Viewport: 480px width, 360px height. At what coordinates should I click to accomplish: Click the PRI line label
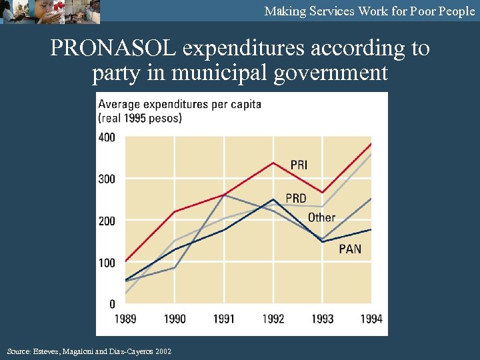[x=299, y=165]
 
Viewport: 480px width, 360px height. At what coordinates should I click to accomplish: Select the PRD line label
[x=296, y=198]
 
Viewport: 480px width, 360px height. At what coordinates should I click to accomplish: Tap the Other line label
[x=321, y=217]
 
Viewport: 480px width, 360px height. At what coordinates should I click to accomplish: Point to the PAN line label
[x=350, y=249]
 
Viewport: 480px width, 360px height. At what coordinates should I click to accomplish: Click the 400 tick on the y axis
[x=107, y=137]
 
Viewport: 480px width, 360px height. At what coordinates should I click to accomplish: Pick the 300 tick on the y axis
[x=107, y=179]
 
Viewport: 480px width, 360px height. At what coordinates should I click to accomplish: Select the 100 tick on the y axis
[x=107, y=263]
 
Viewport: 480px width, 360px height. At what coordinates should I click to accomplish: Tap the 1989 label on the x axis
[x=125, y=319]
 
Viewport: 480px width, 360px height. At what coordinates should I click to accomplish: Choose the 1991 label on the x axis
[x=224, y=319]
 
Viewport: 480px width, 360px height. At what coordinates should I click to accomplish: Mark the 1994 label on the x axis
[x=371, y=319]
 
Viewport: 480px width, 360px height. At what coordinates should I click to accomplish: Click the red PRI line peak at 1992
[x=273, y=163]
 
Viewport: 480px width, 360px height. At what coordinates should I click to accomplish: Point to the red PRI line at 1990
[x=175, y=211]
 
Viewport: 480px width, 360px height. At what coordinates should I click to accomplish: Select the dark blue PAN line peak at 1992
[x=273, y=199]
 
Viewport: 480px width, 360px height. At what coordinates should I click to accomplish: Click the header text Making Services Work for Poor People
[x=369, y=11]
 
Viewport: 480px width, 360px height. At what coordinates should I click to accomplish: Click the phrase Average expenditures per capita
[x=179, y=104]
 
